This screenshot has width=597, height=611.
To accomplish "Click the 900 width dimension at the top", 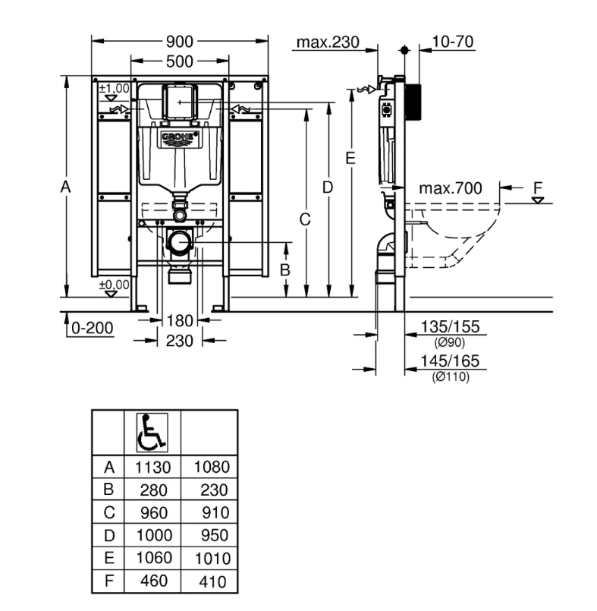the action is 180,41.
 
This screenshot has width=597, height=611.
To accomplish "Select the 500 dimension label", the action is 180,61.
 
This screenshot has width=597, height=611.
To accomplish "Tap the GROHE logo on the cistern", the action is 180,137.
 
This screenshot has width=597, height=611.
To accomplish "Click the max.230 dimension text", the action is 328,42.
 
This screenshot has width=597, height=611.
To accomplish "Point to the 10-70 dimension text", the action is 453,41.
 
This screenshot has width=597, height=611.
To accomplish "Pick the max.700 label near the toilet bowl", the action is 451,188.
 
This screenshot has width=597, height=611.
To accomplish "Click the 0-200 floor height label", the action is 93,328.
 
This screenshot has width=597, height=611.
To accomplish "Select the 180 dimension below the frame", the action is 180,321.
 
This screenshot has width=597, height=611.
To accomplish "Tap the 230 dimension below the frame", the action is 180,341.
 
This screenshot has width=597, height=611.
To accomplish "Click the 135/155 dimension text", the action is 450,326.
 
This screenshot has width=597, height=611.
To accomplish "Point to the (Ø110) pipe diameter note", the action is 451,376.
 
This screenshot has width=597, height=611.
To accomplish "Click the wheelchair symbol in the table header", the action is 152,433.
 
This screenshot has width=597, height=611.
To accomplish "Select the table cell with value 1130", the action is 153,467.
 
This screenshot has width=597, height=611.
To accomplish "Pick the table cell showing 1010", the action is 212,559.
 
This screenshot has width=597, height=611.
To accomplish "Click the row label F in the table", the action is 109,581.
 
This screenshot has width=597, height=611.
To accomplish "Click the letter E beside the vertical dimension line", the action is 350,158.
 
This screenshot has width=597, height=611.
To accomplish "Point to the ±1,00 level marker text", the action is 114,88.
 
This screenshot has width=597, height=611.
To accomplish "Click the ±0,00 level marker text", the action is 114,285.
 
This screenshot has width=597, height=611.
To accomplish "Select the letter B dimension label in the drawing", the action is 285,269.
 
